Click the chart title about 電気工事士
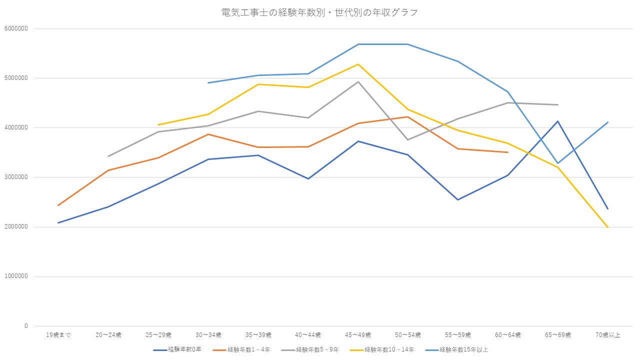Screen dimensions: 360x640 (x=319, y=12)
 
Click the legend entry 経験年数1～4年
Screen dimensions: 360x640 (x=248, y=349)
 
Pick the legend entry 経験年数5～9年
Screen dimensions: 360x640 (x=317, y=349)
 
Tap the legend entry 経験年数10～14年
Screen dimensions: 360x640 (x=389, y=349)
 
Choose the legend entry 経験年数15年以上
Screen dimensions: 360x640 (x=463, y=349)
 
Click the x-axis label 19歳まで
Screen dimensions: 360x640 (x=58, y=335)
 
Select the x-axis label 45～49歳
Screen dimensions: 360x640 (x=358, y=335)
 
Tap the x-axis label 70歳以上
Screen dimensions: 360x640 (x=608, y=335)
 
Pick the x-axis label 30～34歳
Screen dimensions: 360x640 (x=208, y=335)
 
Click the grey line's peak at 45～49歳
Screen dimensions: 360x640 (x=358, y=81)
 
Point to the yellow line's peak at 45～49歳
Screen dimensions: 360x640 (x=358, y=64)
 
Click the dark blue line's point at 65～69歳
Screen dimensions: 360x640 (x=558, y=121)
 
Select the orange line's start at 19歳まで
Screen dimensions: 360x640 (x=58, y=205)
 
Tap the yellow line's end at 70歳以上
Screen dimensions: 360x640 (x=608, y=227)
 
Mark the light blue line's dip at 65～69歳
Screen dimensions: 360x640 (x=558, y=163)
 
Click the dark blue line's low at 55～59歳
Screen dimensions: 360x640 (x=458, y=200)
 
